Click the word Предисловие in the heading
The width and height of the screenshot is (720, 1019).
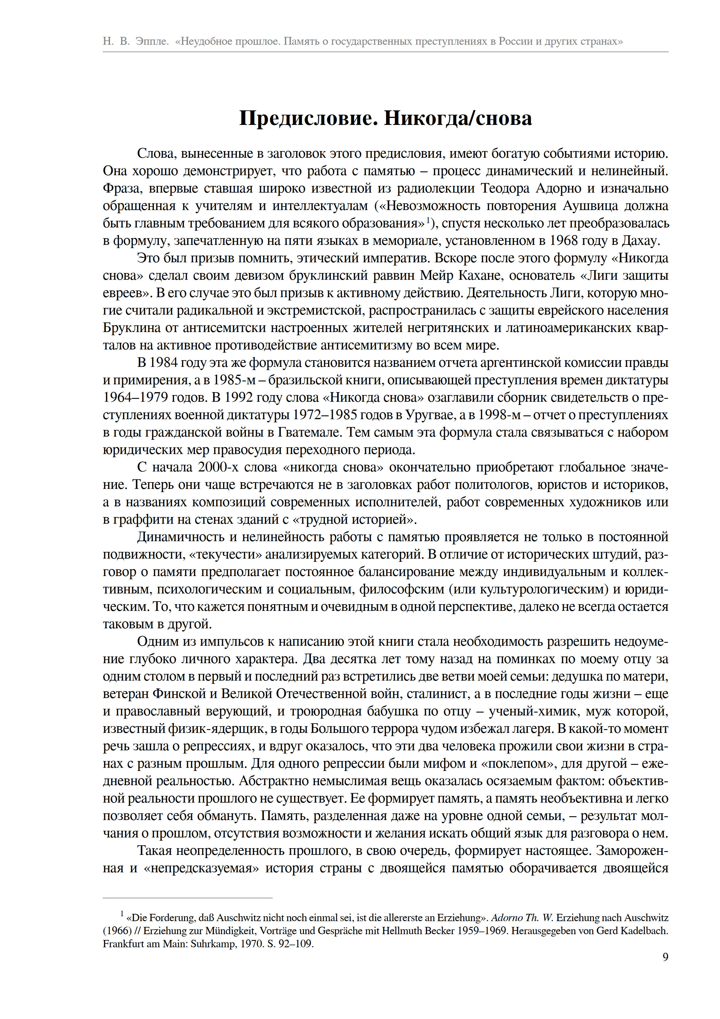tap(307, 119)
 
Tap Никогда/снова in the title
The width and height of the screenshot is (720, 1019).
tap(458, 119)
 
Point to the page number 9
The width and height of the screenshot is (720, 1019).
tap(665, 957)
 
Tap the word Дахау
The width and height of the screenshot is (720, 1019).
tap(640, 241)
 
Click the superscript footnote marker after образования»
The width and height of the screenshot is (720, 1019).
tap(428, 220)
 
